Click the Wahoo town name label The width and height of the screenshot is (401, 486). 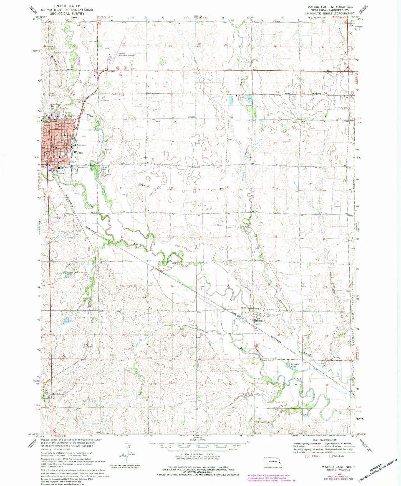[x=78, y=153]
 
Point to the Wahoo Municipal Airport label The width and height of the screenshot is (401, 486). [x=126, y=54]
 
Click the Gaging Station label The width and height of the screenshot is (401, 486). [x=267, y=360]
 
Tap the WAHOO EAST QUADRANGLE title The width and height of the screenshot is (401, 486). [x=330, y=7]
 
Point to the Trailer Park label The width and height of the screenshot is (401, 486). [x=77, y=99]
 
